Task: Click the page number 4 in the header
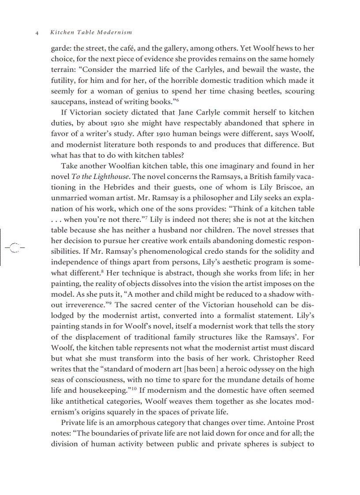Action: click(x=37, y=33)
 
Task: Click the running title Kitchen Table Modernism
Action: click(x=91, y=33)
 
